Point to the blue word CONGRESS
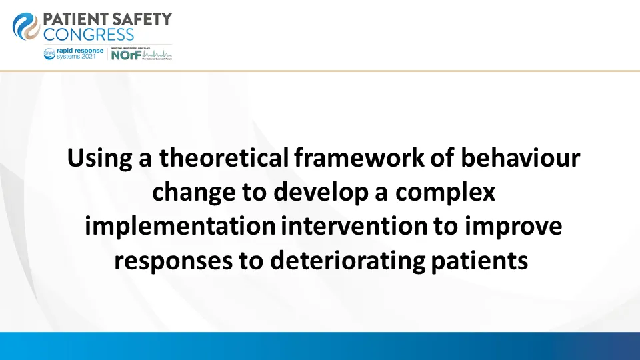[x=89, y=35]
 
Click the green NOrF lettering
[x=125, y=56]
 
